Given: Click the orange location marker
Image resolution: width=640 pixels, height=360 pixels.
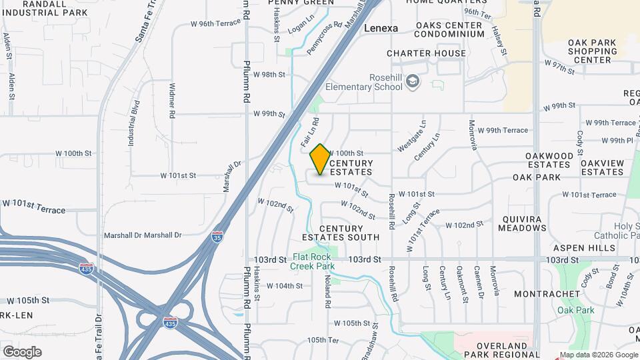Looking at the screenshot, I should pyautogui.click(x=320, y=159).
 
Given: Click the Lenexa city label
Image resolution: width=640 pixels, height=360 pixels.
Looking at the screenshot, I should pyautogui.click(x=381, y=29).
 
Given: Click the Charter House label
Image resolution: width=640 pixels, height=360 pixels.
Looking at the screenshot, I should pyautogui.click(x=427, y=53).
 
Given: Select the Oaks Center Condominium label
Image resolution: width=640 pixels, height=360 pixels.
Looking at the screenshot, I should pyautogui.click(x=449, y=29).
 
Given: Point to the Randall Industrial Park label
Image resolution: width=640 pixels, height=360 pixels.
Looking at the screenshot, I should pyautogui.click(x=44, y=8).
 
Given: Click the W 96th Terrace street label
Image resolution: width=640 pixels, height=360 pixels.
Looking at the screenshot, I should pyautogui.click(x=215, y=23).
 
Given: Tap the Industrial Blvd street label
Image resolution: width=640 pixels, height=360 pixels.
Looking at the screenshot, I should pyautogui.click(x=132, y=123).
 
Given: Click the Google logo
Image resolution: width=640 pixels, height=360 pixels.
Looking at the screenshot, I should pyautogui.click(x=22, y=351).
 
